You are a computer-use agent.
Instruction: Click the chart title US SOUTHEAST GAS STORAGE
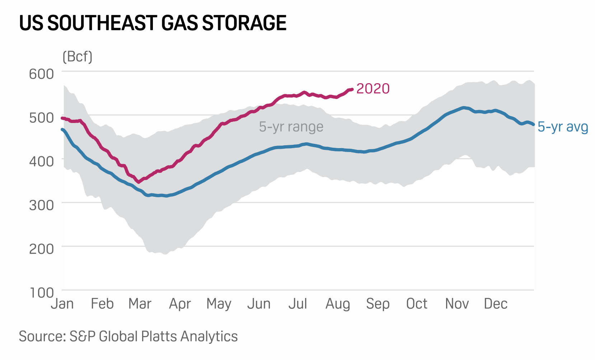[153, 23]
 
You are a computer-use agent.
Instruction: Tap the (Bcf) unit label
[77, 57]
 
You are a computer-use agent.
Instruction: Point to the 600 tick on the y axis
[41, 74]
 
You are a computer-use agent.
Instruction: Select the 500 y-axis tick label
[41, 118]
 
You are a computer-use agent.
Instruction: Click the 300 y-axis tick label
[41, 205]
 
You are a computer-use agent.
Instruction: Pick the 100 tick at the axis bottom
[41, 293]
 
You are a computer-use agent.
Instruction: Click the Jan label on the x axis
[62, 304]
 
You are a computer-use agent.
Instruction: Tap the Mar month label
[140, 304]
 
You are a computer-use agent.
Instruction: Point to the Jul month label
[297, 304]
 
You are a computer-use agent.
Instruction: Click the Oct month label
[416, 304]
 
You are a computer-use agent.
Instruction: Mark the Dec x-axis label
[496, 304]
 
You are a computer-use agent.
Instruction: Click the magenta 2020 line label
[373, 89]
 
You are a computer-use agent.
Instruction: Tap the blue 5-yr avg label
[563, 127]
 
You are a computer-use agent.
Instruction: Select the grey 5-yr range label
[291, 127]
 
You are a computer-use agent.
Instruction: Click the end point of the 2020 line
[352, 89]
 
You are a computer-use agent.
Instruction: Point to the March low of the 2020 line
[139, 182]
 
